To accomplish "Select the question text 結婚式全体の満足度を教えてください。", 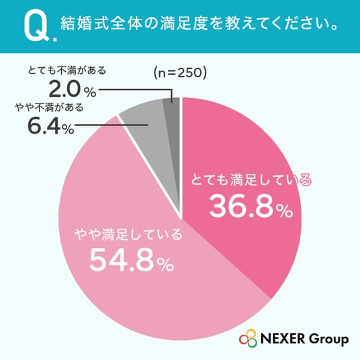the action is [x=199, y=24].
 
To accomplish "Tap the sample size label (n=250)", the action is [x=180, y=73].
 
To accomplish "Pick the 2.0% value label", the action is [x=73, y=90].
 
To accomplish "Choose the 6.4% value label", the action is [x=51, y=126].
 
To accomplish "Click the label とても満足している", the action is [x=252, y=180].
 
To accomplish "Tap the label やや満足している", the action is [x=128, y=234].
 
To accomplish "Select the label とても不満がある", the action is [x=66, y=71].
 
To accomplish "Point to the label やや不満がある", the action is [x=49, y=107].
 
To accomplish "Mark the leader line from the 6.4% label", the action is [x=111, y=125].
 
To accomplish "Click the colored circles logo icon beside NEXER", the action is [x=248, y=339].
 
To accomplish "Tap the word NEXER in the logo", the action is [x=283, y=339].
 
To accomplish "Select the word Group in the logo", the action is [x=328, y=340].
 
